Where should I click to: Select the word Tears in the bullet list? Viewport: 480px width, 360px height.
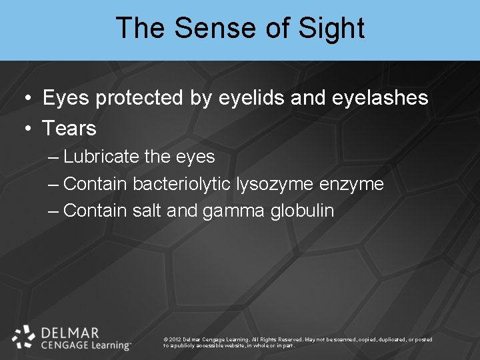[69, 128]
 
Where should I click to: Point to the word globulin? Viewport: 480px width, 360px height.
[303, 211]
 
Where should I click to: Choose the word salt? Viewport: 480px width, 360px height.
[147, 211]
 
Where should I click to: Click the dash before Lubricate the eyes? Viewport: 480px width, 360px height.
[54, 158]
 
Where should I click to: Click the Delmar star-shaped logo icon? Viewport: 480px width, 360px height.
[24, 337]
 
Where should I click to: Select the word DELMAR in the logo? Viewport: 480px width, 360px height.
[70, 332]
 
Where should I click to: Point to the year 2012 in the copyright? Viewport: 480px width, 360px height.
[177, 340]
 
